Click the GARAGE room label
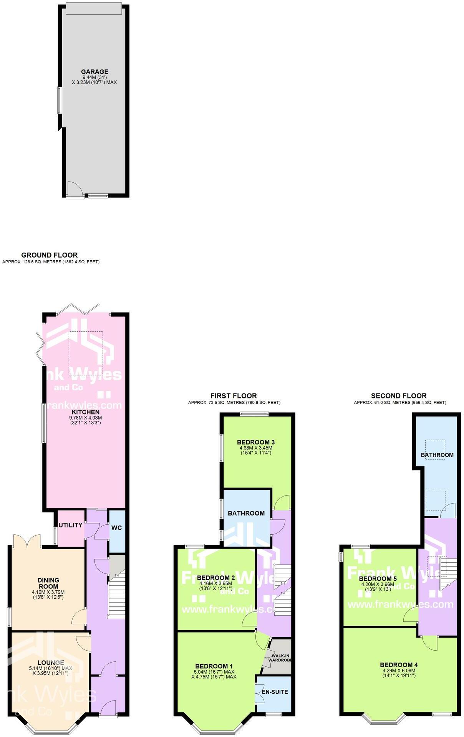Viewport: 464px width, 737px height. click(x=94, y=72)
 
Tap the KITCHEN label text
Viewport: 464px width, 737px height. click(x=85, y=412)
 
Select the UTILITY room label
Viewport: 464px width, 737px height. click(x=71, y=525)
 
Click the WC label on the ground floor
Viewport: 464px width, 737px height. click(x=117, y=528)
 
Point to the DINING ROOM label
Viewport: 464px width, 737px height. click(x=48, y=583)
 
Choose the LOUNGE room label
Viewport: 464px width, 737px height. click(x=51, y=663)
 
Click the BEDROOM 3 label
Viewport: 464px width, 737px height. click(x=256, y=442)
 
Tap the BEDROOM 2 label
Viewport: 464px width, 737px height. click(x=216, y=578)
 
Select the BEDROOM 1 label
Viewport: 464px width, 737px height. click(x=214, y=666)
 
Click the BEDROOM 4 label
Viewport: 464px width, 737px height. click(x=399, y=665)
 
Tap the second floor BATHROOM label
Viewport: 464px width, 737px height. click(x=437, y=455)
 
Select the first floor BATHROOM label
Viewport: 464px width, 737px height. click(x=246, y=513)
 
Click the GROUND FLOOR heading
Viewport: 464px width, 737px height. click(x=50, y=255)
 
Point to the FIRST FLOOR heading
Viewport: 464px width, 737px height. click(x=234, y=396)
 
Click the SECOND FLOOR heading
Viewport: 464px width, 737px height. click(x=399, y=396)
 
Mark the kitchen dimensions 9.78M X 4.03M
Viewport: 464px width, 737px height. click(x=85, y=418)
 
